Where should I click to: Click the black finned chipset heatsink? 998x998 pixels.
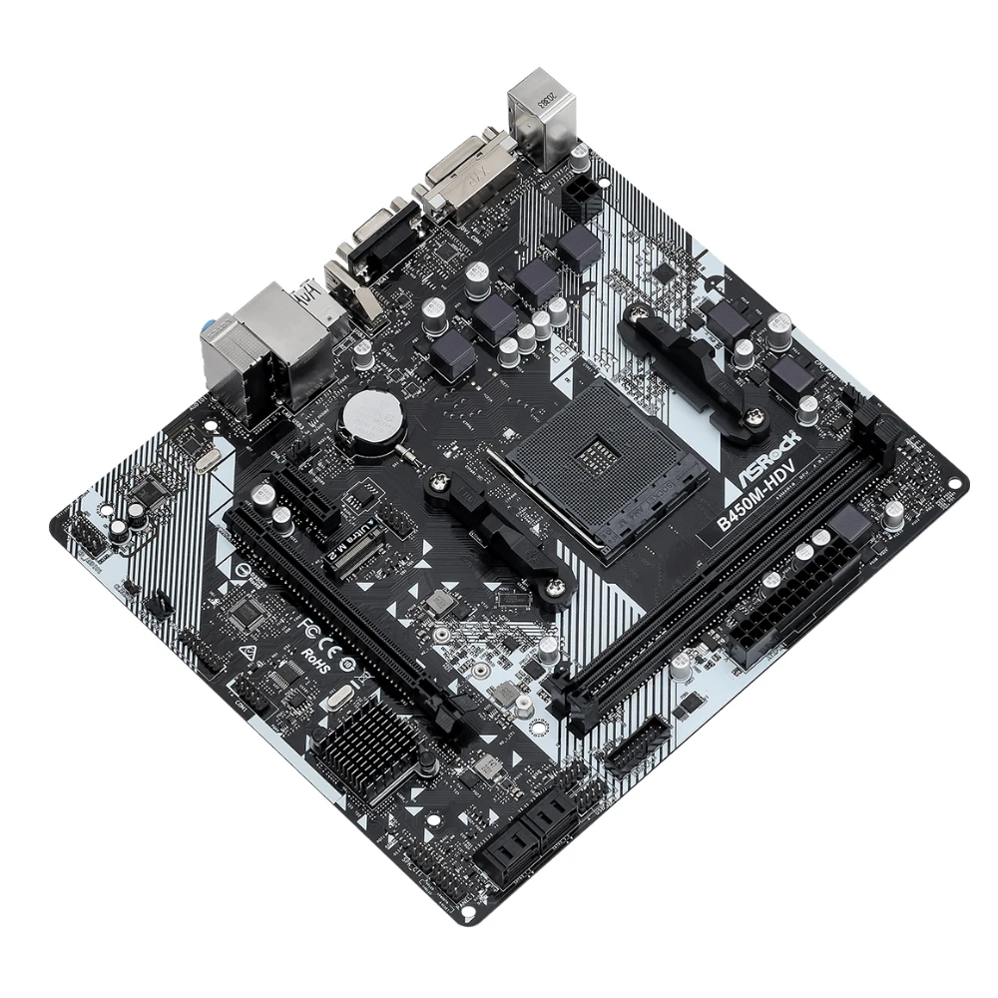(x=366, y=749)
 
